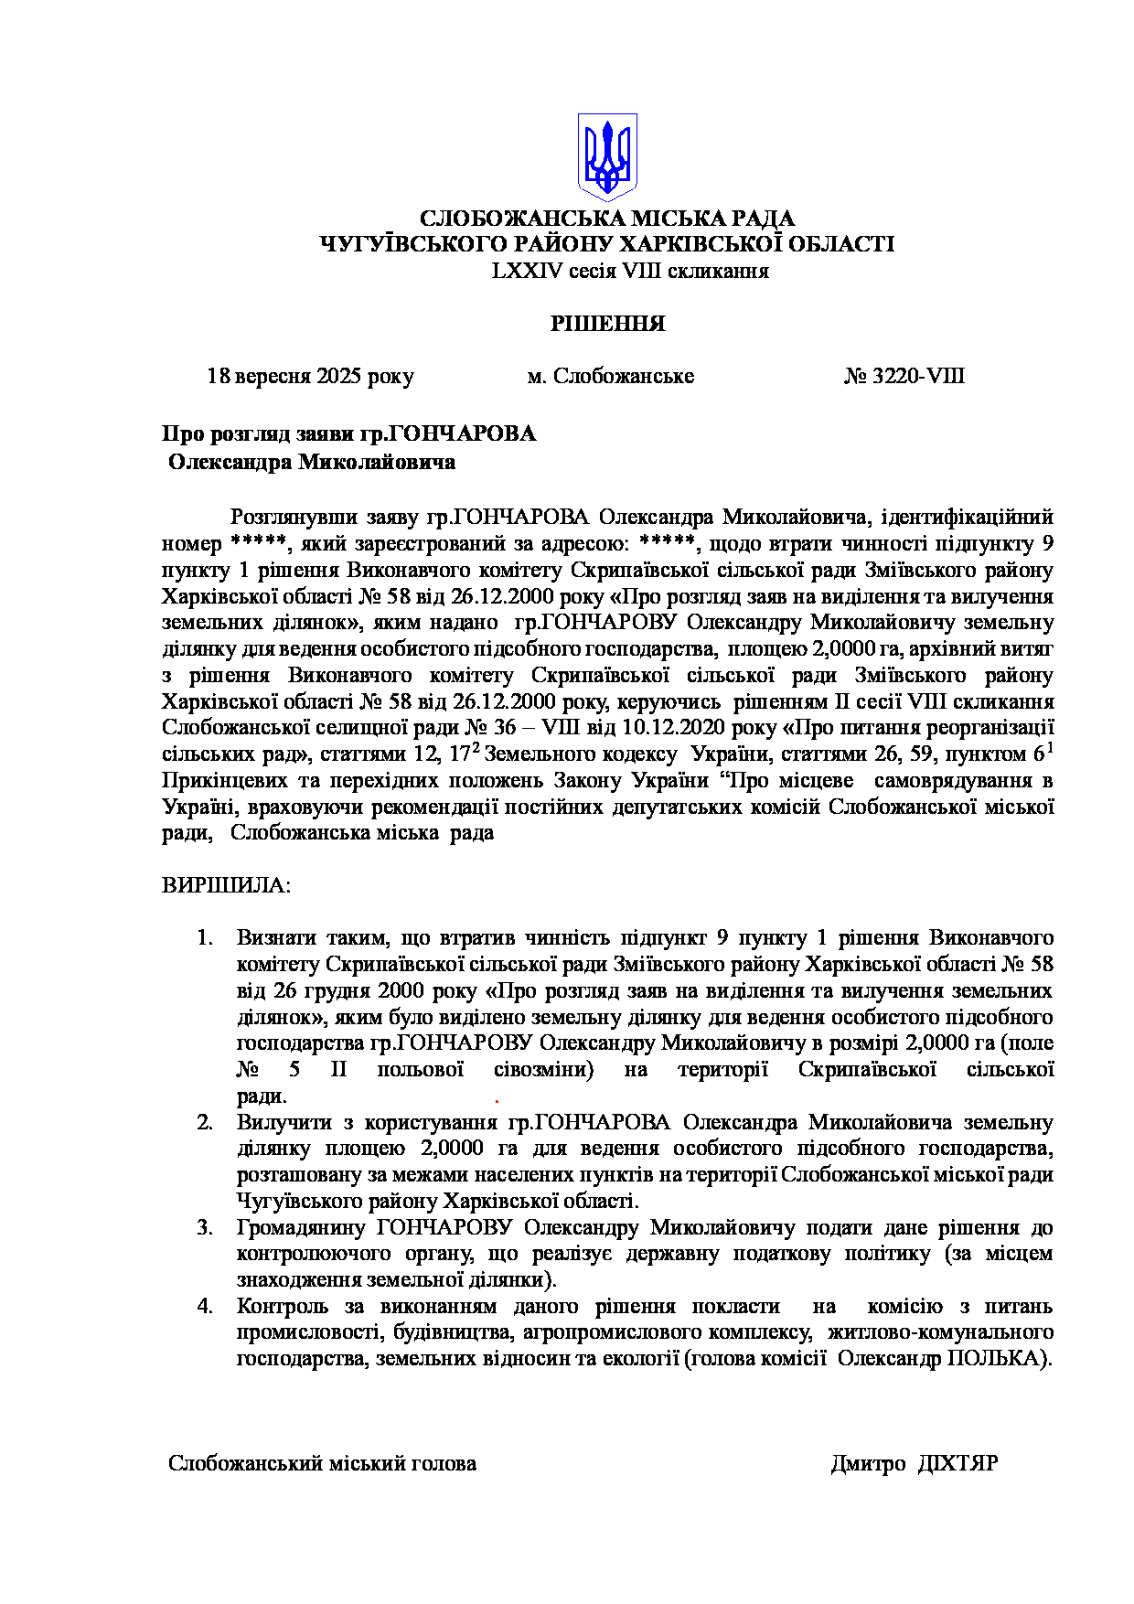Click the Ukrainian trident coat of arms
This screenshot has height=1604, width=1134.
(x=606, y=156)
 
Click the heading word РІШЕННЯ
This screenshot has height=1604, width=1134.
(x=607, y=324)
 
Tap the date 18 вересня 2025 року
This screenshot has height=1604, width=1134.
(x=310, y=377)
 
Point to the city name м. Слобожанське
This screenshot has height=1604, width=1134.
(x=610, y=377)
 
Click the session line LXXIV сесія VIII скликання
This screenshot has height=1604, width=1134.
(x=630, y=272)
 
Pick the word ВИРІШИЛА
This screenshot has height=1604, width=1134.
(x=226, y=886)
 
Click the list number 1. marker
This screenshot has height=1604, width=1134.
(x=205, y=938)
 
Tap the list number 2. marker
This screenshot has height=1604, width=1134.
(x=205, y=1123)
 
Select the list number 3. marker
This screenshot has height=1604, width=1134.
(x=205, y=1228)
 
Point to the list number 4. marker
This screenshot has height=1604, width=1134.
(x=205, y=1307)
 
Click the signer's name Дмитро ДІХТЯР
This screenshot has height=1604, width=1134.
(x=914, y=1464)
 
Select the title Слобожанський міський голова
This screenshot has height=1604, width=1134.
(x=322, y=1464)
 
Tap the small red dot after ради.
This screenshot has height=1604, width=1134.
(x=497, y=1101)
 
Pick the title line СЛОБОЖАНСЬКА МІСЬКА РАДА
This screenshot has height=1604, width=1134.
(x=606, y=219)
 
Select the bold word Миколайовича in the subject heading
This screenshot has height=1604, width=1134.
(x=376, y=463)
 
